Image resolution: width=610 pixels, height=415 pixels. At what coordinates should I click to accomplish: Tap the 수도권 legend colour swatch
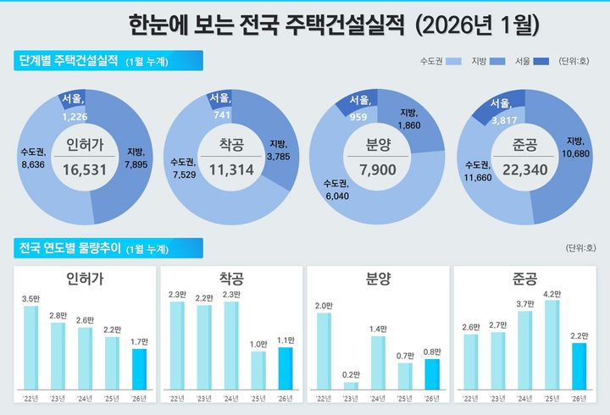(x=454, y=62)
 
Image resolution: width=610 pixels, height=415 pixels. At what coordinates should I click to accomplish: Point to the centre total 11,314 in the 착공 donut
(x=230, y=169)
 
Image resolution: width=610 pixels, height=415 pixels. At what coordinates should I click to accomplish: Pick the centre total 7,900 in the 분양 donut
(x=376, y=169)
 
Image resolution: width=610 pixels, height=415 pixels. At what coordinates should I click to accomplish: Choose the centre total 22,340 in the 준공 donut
(x=520, y=169)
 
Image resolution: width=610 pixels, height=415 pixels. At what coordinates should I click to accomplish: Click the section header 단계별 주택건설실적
(x=68, y=61)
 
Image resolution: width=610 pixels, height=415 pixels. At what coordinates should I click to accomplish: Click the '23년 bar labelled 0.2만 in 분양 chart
(x=351, y=385)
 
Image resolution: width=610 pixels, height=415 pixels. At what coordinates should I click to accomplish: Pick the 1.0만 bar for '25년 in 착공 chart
(x=258, y=369)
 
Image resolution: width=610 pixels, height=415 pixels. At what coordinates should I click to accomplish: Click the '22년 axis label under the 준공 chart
(x=471, y=397)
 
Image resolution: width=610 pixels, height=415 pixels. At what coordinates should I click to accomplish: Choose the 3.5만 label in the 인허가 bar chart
(x=30, y=299)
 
